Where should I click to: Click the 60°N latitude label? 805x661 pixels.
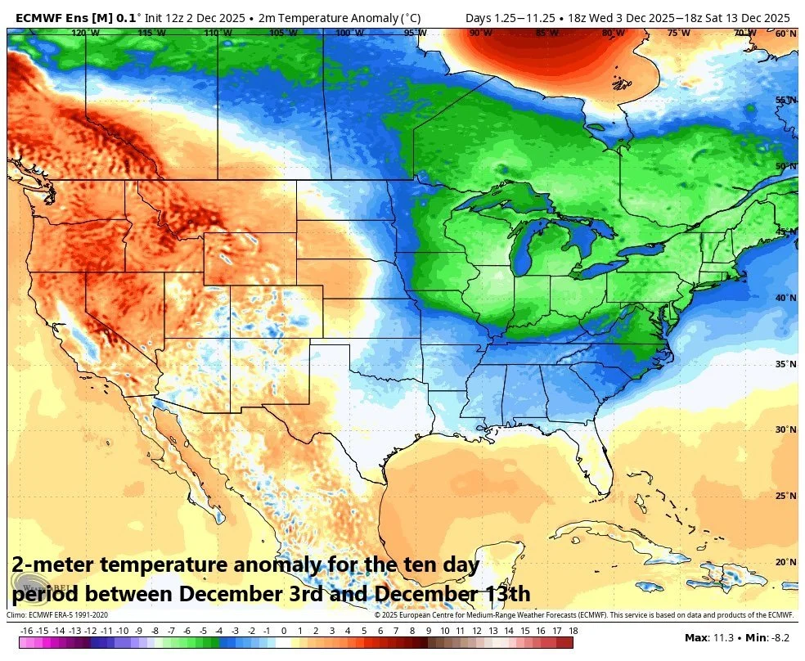click(x=785, y=34)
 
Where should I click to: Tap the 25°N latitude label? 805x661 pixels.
click(x=785, y=496)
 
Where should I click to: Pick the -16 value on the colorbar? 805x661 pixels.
click(x=26, y=631)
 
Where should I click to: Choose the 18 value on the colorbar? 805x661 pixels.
click(x=573, y=631)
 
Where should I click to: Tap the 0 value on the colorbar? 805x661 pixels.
click(x=283, y=631)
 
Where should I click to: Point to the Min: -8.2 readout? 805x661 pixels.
click(x=767, y=636)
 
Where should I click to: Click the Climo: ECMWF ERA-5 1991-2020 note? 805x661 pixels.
click(x=57, y=615)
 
